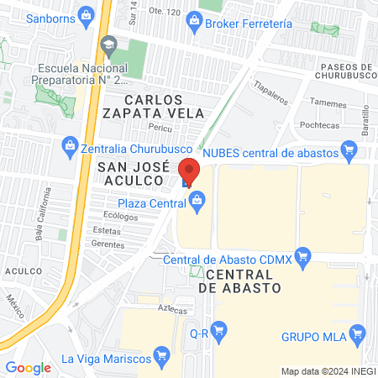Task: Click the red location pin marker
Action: pyautogui.click(x=190, y=171)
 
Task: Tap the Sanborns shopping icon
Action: pyautogui.click(x=85, y=14)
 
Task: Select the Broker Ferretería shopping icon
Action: pyautogui.click(x=194, y=19)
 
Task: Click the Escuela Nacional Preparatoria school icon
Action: pyautogui.click(x=108, y=44)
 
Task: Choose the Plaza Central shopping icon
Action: pyautogui.click(x=197, y=200)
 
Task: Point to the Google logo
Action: pyautogui.click(x=28, y=367)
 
